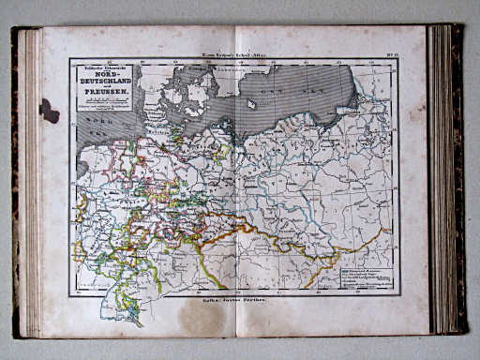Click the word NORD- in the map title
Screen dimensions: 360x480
click(x=106, y=78)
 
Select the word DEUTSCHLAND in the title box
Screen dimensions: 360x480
click(x=106, y=85)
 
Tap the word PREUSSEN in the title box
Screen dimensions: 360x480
click(x=106, y=99)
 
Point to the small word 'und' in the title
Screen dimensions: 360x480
click(x=106, y=93)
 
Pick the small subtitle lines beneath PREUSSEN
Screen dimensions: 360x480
click(x=106, y=108)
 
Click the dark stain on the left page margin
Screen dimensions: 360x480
click(x=49, y=110)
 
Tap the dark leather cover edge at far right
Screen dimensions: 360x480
click(x=460, y=178)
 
